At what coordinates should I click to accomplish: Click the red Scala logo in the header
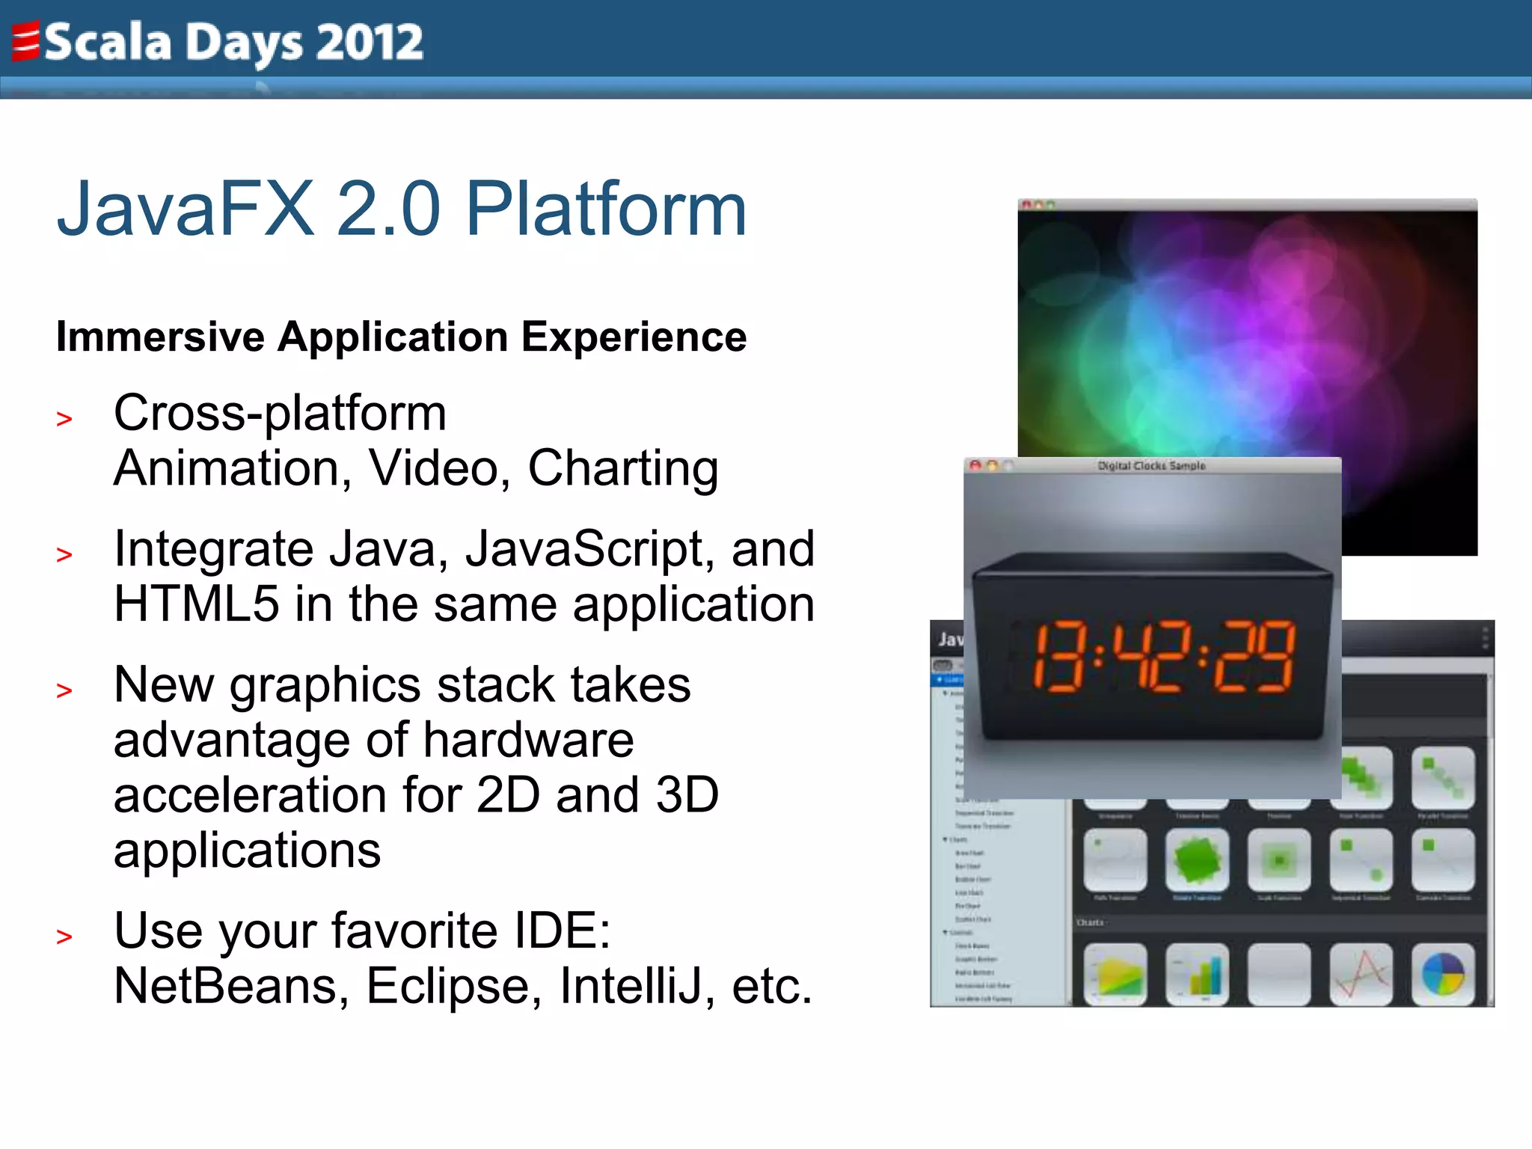tap(25, 42)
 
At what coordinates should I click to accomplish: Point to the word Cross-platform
tap(280, 414)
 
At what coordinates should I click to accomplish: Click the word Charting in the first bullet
tap(623, 469)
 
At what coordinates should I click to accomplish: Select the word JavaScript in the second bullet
tap(584, 550)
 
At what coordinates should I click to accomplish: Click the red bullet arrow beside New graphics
tap(64, 691)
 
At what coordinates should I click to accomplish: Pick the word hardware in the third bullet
tap(528, 741)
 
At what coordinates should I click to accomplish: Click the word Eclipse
tap(453, 986)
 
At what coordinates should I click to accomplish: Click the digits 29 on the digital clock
tap(1254, 657)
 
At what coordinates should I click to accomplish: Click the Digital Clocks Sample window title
tap(1151, 466)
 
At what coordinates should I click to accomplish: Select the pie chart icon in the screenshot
tap(1443, 973)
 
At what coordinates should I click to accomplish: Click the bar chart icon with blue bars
tap(1198, 973)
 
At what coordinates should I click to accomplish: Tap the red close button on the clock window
tap(975, 465)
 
